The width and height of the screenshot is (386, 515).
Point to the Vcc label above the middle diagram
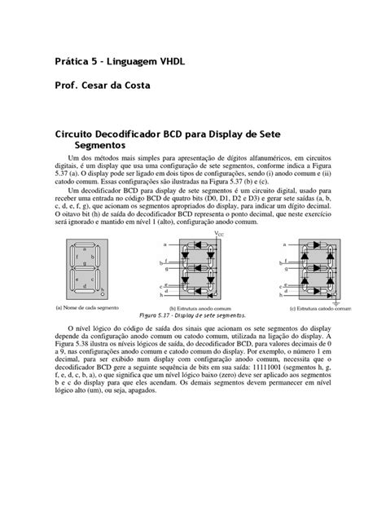(219, 234)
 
